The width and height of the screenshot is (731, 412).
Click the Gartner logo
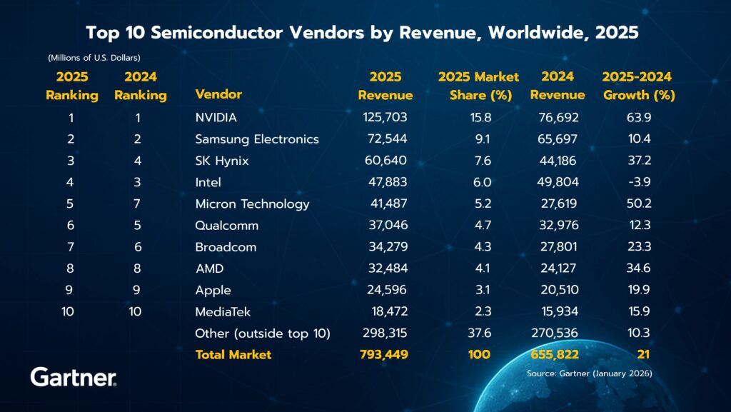pyautogui.click(x=74, y=378)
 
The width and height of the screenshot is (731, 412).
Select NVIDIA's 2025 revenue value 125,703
pyautogui.click(x=385, y=117)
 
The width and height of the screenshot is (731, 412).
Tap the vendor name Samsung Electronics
pyautogui.click(x=257, y=139)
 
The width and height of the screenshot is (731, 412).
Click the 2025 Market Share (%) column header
pyautogui.click(x=478, y=86)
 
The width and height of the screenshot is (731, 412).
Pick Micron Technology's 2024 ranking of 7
pyautogui.click(x=138, y=204)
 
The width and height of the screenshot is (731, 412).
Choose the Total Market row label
pyautogui.click(x=233, y=354)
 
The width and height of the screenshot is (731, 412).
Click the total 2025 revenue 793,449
pyautogui.click(x=384, y=354)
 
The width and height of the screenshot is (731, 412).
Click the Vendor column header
pyautogui.click(x=218, y=94)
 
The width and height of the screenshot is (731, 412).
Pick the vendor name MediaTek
pyautogui.click(x=223, y=311)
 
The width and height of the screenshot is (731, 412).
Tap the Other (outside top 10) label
pyautogui.click(x=262, y=333)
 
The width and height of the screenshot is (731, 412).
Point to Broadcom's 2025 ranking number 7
pyautogui.click(x=71, y=247)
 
